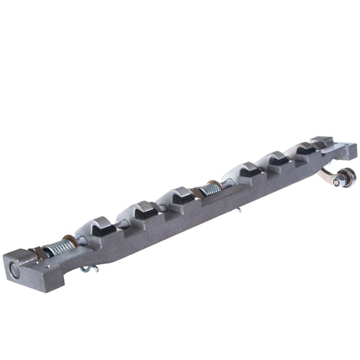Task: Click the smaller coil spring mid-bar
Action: pyautogui.click(x=211, y=190)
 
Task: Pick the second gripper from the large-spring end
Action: pyautogui.click(x=141, y=212)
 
